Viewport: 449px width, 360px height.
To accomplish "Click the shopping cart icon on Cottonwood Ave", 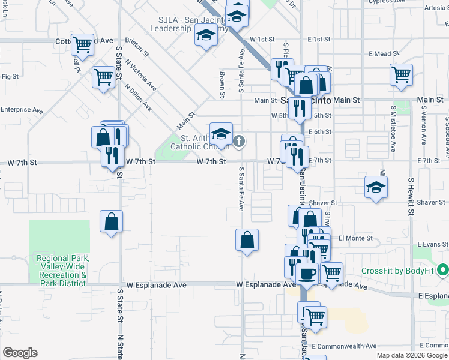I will pyautogui.click(x=82, y=44).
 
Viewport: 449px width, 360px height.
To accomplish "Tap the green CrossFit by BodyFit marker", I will pyautogui.click(x=443, y=271).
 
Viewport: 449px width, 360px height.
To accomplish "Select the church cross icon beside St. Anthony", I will pyautogui.click(x=239, y=142).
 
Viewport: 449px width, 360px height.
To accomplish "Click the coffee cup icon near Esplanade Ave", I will pyautogui.click(x=307, y=273).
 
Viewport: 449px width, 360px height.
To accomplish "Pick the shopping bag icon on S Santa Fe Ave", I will pyautogui.click(x=247, y=241).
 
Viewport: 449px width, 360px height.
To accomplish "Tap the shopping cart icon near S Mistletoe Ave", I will pyautogui.click(x=400, y=75).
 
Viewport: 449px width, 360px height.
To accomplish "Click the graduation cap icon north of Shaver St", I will pyautogui.click(x=376, y=187).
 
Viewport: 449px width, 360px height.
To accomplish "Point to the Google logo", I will pyautogui.click(x=20, y=352).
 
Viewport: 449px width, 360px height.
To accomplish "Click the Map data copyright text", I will pyautogui.click(x=412, y=355).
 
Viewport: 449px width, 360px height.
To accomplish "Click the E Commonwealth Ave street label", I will pyautogui.click(x=344, y=346).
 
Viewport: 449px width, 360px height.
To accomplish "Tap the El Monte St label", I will pyautogui.click(x=355, y=238).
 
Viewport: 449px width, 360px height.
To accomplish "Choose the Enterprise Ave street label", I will pyautogui.click(x=22, y=110).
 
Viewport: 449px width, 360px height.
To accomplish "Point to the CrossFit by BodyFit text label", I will pyautogui.click(x=397, y=271).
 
